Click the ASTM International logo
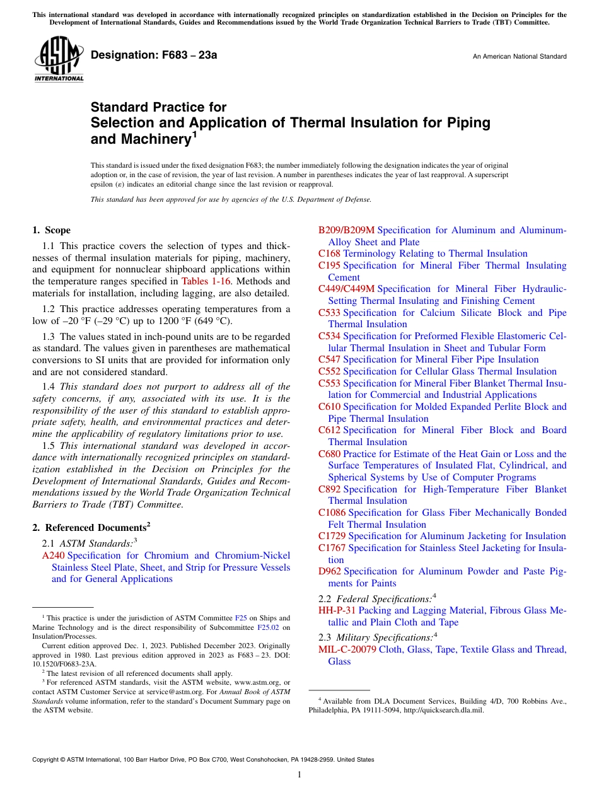tap(58, 60)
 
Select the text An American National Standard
tap(519, 57)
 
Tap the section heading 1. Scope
tap(52, 231)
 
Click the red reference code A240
tap(53, 555)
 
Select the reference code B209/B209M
tap(346, 230)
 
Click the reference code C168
tap(329, 253)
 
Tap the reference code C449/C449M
tap(346, 289)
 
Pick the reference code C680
tap(329, 454)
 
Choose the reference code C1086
tap(332, 513)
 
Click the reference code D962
tap(329, 571)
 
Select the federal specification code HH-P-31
tap(337, 610)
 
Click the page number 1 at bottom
tap(299, 775)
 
